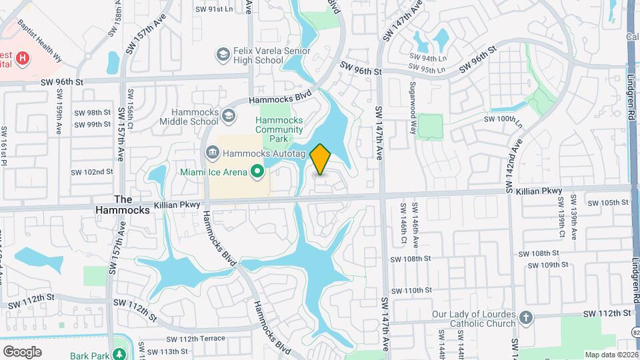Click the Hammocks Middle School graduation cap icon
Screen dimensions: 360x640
tap(229, 116)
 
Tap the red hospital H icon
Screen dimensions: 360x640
tap(23, 59)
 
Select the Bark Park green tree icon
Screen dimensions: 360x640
tap(120, 353)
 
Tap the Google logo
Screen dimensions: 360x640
tap(22, 351)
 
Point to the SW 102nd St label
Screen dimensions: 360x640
tap(93, 171)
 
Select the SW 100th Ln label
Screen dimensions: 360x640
tap(501, 119)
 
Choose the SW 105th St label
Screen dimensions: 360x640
tap(607, 203)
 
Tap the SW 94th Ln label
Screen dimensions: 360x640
tap(427, 58)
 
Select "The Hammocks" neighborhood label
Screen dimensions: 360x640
tap(132, 204)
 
